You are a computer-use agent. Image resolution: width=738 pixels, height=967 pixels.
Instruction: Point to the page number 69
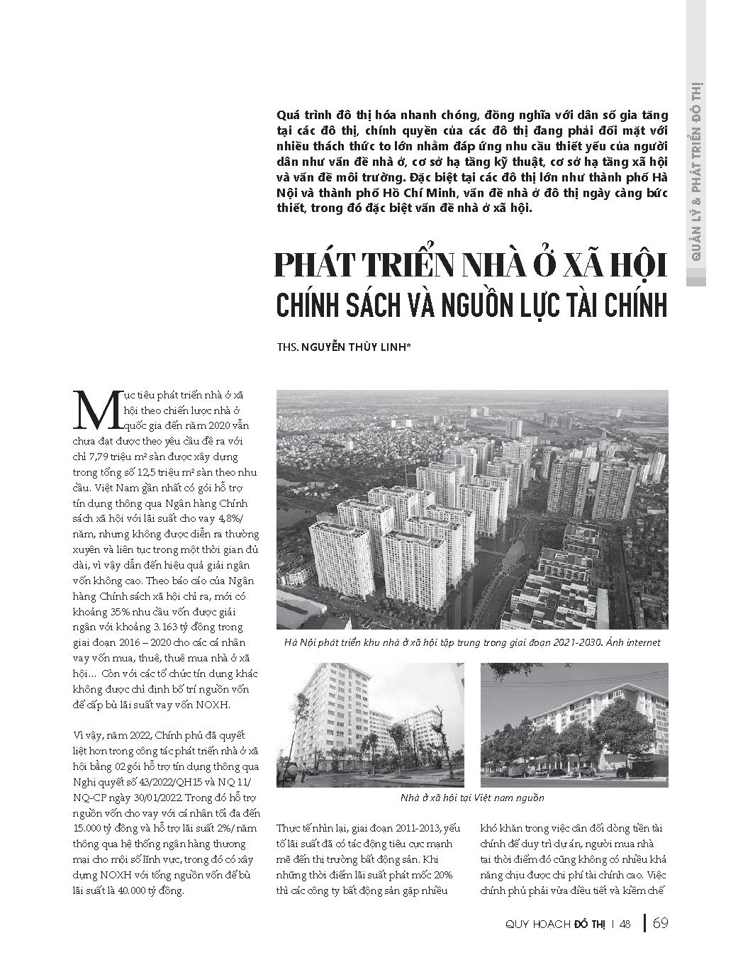(660, 923)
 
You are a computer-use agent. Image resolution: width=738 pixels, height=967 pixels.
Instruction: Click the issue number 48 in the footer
(625, 924)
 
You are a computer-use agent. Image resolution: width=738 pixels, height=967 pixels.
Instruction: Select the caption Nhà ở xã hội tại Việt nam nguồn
(472, 798)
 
